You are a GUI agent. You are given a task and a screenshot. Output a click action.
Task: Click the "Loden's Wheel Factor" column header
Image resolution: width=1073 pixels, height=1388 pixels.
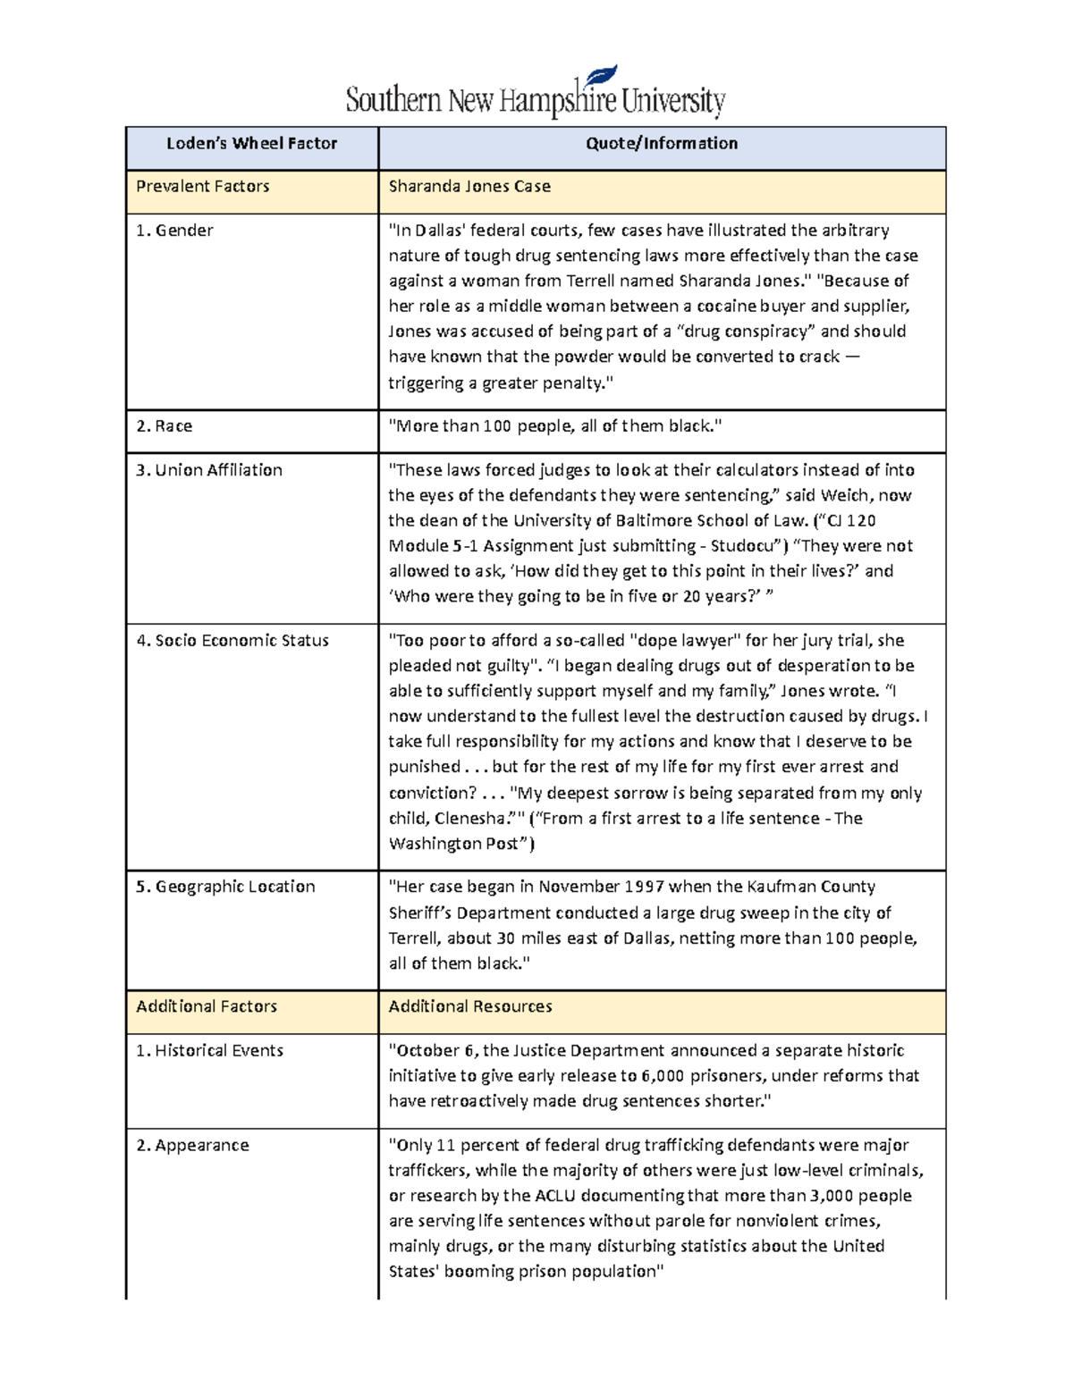(251, 143)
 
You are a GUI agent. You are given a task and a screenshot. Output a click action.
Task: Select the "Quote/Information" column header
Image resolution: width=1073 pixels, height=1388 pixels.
(662, 143)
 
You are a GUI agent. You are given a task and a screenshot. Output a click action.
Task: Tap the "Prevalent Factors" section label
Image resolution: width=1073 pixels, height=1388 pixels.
(202, 187)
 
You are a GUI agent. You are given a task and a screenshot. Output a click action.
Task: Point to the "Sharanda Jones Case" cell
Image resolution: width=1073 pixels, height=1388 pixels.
(469, 187)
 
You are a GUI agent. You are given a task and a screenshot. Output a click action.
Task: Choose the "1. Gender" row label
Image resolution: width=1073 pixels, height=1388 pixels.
(174, 231)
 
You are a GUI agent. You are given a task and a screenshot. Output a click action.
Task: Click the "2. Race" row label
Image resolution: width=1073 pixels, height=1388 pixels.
(164, 426)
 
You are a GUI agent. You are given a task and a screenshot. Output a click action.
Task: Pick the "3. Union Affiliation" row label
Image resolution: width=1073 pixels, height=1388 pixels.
(208, 470)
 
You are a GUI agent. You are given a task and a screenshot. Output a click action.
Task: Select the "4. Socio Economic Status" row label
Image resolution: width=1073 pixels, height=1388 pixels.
(232, 641)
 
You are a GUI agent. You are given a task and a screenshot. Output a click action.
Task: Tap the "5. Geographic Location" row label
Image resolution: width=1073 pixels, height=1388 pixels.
(225, 887)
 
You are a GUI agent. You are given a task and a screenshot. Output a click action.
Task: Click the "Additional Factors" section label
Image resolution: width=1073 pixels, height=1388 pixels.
(207, 1006)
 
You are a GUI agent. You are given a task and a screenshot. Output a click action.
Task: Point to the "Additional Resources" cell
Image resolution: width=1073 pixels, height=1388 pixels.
(470, 1006)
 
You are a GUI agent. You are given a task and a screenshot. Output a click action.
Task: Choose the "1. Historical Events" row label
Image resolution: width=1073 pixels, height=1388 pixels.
(209, 1051)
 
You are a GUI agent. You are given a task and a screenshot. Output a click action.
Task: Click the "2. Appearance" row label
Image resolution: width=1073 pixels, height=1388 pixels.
(192, 1146)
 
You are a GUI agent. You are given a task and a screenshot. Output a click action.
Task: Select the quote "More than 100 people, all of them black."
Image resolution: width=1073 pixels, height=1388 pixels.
(554, 426)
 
